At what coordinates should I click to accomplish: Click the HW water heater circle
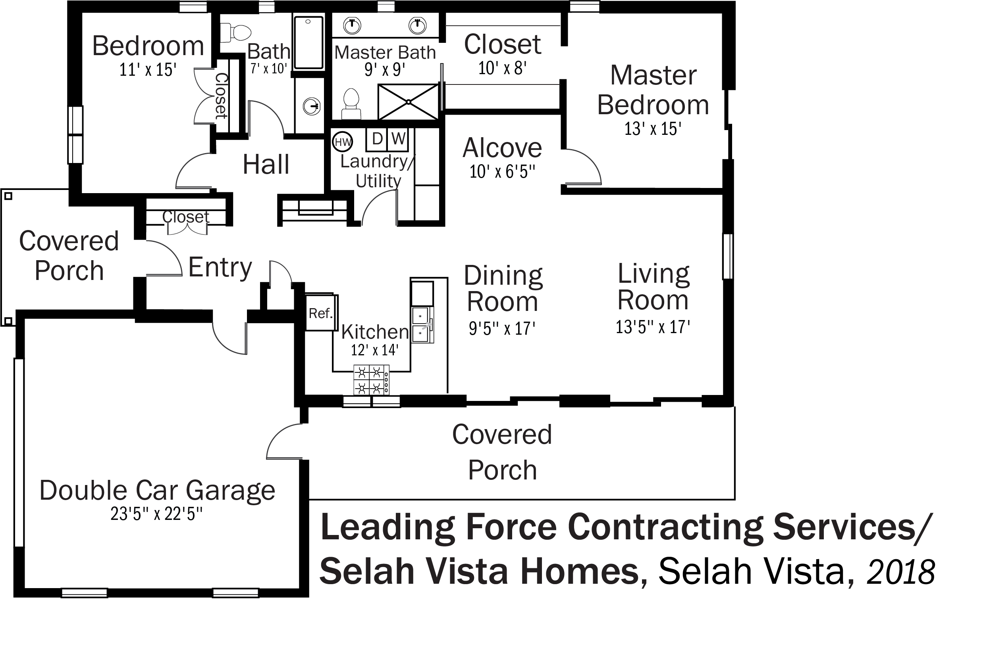pyautogui.click(x=343, y=142)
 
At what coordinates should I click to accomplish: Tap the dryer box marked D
pyautogui.click(x=376, y=139)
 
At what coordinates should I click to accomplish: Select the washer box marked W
pyautogui.click(x=398, y=139)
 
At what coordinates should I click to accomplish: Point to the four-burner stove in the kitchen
pyautogui.click(x=371, y=380)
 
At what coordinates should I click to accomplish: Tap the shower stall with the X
pyautogui.click(x=408, y=102)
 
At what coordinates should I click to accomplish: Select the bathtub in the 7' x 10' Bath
pyautogui.click(x=308, y=43)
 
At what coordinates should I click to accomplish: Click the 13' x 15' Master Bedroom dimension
pyautogui.click(x=653, y=129)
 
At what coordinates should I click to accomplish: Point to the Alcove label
pyautogui.click(x=502, y=148)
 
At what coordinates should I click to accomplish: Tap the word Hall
pyautogui.click(x=266, y=164)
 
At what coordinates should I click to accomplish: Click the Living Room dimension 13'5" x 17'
pyautogui.click(x=653, y=327)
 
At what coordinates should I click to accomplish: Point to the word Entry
pyautogui.click(x=220, y=267)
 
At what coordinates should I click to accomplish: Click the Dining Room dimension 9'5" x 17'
pyautogui.click(x=502, y=328)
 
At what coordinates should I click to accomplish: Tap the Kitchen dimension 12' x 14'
pyautogui.click(x=374, y=350)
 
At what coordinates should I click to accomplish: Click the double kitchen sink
pyautogui.click(x=422, y=325)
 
